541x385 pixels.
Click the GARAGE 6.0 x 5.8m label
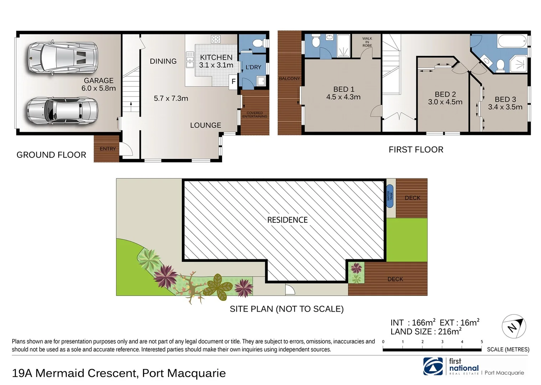(98, 84)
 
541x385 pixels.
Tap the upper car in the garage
(63, 58)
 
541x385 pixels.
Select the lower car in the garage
(63, 111)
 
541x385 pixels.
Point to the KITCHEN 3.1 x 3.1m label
(216, 61)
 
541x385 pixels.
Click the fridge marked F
(234, 82)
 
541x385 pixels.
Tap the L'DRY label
(253, 67)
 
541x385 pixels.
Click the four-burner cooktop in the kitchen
(215, 39)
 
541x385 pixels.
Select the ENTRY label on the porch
(107, 149)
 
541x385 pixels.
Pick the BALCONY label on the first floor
(289, 78)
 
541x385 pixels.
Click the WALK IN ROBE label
(367, 42)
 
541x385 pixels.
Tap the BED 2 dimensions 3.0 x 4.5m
(445, 102)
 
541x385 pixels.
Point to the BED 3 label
(505, 99)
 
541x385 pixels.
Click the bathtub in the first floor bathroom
(512, 41)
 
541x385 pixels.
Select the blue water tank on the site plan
(390, 196)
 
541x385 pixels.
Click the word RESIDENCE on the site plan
(287, 220)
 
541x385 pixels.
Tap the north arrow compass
(514, 326)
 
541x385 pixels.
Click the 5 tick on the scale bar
(481, 342)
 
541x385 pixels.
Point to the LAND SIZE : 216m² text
(426, 332)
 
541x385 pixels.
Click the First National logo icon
(433, 366)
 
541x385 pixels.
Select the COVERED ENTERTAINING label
(255, 115)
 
